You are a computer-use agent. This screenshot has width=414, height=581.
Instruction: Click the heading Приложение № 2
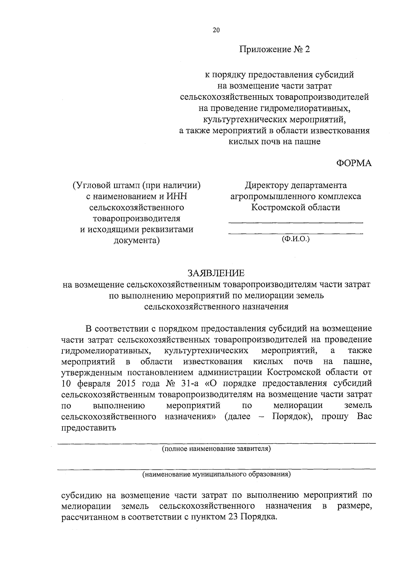[275, 50]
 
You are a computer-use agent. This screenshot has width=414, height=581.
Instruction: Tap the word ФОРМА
[354, 163]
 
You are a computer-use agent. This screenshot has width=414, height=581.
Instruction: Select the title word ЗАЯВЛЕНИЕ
[216, 273]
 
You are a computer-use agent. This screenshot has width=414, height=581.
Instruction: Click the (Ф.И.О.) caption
[296, 238]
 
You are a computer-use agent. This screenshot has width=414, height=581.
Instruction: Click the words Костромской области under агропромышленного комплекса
[295, 208]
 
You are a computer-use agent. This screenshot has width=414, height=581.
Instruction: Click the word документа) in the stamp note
[137, 241]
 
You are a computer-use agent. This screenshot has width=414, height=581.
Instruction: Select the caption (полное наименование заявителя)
[216, 449]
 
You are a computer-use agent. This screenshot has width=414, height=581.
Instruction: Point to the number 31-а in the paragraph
[190, 384]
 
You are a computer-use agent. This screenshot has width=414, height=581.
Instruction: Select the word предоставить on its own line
[88, 428]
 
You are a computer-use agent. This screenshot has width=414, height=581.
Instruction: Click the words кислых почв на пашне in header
[275, 142]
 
